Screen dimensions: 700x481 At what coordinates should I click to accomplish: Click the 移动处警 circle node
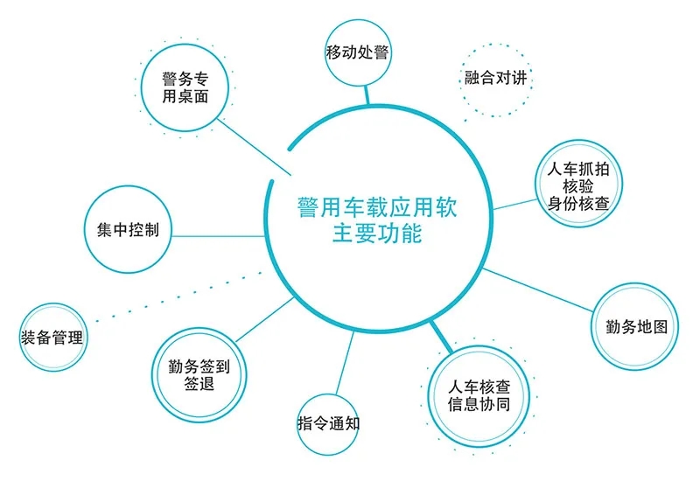pyautogui.click(x=356, y=52)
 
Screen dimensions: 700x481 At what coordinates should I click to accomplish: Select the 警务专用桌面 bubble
pyautogui.click(x=185, y=87)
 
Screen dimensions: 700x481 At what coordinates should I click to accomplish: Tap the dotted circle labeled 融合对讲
pyautogui.click(x=495, y=80)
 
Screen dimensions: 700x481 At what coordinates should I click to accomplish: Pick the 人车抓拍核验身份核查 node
pyautogui.click(x=578, y=184)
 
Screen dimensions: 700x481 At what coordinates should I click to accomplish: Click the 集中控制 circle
pyautogui.click(x=128, y=229)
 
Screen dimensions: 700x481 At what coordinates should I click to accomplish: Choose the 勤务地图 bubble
pyautogui.click(x=635, y=326)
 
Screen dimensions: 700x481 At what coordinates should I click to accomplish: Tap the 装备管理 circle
pyautogui.click(x=52, y=338)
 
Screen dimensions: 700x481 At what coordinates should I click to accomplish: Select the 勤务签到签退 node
pyautogui.click(x=199, y=375)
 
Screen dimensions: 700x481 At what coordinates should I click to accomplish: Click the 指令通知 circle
pyautogui.click(x=328, y=424)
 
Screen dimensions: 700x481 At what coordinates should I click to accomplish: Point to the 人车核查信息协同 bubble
pyautogui.click(x=479, y=396)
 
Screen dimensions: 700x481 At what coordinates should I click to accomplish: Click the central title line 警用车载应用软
pyautogui.click(x=377, y=207)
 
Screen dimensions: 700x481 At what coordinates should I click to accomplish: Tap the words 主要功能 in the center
pyautogui.click(x=377, y=234)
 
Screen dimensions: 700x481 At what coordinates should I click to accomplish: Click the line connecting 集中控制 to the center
pyautogui.click(x=218, y=236)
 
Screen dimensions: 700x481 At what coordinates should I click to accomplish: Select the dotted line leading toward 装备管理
pyautogui.click(x=179, y=296)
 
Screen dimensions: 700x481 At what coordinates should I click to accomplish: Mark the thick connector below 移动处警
pyautogui.click(x=367, y=94)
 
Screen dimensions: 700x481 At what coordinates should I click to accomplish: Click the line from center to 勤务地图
pyautogui.click(x=538, y=290)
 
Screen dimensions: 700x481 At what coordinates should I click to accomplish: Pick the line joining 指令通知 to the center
pyautogui.click(x=345, y=363)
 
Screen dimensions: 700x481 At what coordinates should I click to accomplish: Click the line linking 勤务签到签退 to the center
pyautogui.click(x=265, y=319)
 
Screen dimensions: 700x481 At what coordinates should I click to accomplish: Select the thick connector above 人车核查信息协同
pyautogui.click(x=441, y=336)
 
